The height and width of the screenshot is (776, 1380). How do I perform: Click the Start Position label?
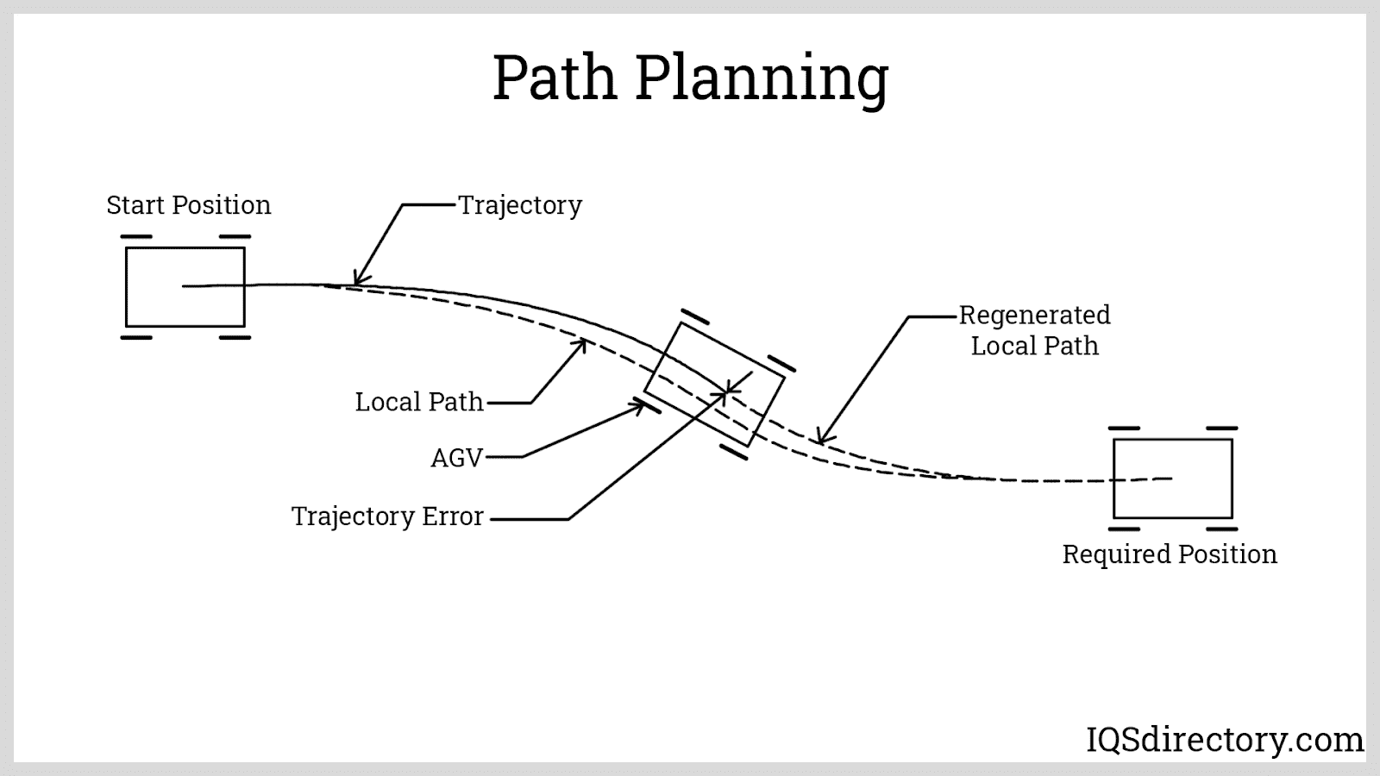pos(188,205)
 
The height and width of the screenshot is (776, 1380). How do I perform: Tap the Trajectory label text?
pos(519,205)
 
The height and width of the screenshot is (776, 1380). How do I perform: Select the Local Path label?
pos(419,402)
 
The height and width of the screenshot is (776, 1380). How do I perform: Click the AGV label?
pos(456,458)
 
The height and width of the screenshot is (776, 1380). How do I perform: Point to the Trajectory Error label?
pos(387,516)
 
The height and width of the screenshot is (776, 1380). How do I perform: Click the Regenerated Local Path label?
pos(1034,330)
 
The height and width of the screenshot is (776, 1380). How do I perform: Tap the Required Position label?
pos(1169,554)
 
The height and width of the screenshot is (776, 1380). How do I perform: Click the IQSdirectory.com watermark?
pos(1224,740)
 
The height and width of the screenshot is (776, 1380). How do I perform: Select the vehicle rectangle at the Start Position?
pos(185,287)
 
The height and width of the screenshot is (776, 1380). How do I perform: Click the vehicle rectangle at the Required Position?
pos(1172,479)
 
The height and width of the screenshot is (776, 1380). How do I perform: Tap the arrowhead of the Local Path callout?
pos(583,343)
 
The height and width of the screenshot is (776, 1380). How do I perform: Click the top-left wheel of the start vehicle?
pos(136,236)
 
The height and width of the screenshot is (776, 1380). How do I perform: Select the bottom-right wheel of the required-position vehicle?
pos(1221,529)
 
